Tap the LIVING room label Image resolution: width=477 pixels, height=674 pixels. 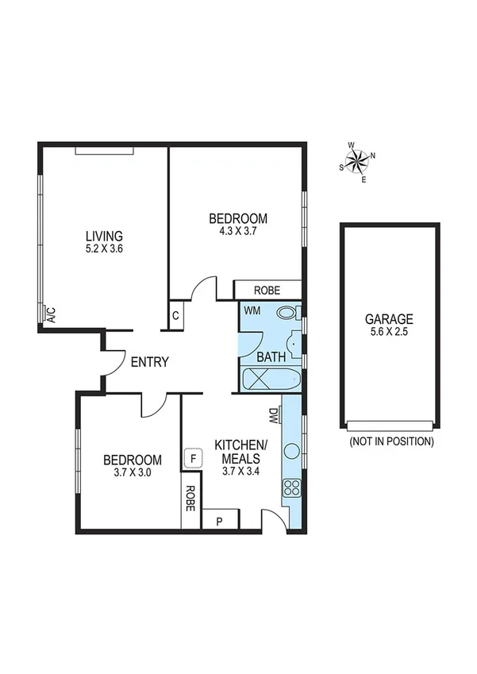point(104,236)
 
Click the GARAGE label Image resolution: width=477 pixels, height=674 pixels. point(389,319)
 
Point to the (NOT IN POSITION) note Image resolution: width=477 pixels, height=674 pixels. point(390,441)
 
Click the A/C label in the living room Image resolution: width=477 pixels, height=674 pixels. point(49,314)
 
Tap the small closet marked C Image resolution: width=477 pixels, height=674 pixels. point(176,315)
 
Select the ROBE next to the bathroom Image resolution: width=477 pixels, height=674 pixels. point(267,291)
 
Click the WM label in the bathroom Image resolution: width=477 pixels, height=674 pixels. point(252,310)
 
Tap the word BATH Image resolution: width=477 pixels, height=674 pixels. point(271,358)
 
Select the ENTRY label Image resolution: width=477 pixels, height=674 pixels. point(149,362)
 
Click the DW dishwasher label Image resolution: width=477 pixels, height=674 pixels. point(273,414)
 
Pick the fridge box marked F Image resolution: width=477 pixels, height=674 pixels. point(192,458)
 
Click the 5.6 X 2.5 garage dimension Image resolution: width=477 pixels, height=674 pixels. point(389,333)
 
